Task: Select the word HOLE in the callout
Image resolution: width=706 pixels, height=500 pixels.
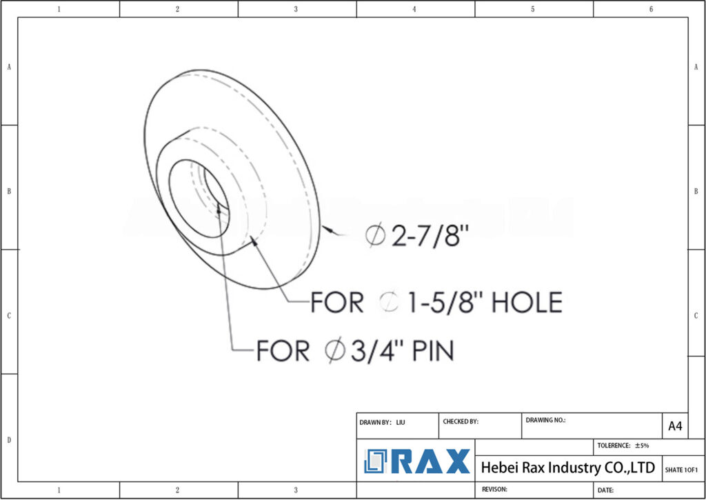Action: (x=525, y=302)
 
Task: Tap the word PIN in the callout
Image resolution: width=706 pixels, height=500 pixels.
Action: (x=432, y=351)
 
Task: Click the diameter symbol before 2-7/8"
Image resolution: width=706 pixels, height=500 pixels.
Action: (x=376, y=237)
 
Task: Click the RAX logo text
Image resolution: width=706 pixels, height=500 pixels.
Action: (x=432, y=461)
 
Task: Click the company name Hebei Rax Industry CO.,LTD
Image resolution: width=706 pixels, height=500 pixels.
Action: (x=567, y=468)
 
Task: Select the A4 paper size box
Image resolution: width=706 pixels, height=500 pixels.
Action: (x=675, y=426)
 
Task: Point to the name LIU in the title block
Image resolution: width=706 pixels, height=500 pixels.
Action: (x=401, y=421)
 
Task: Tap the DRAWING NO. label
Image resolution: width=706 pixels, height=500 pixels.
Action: (x=545, y=419)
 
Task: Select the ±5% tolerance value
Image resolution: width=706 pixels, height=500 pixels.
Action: (x=641, y=446)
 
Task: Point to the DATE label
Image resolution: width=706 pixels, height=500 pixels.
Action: (x=606, y=490)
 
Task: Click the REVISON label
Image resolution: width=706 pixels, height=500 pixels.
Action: (x=494, y=489)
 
